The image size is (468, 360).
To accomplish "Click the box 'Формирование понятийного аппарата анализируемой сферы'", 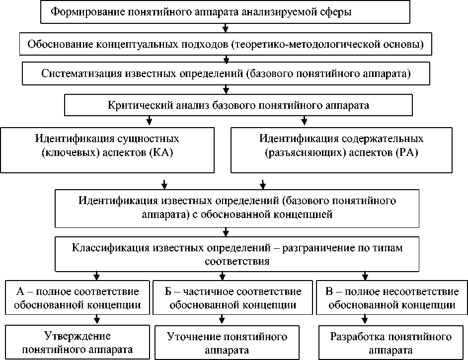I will point(226,12).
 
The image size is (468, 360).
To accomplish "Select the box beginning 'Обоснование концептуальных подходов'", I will point(226,45).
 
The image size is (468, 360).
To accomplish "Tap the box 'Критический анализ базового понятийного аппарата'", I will point(238,105).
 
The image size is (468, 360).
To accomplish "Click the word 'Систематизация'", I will point(74,75).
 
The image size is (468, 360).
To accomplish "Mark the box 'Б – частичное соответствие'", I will point(233,297).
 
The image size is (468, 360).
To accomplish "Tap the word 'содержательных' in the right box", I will point(382,138).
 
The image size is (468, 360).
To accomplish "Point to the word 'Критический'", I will point(133,105).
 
